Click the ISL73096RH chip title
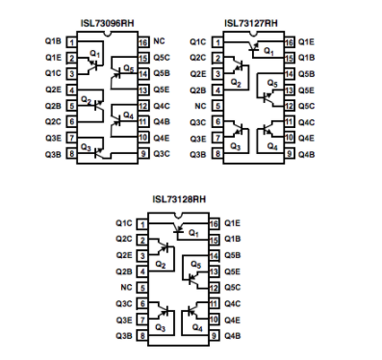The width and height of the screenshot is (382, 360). pos(107,23)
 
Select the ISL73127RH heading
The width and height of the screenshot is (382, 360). pos(251,23)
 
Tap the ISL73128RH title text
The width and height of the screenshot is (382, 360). pos(179,199)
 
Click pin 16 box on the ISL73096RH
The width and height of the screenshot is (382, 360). pos(143,42)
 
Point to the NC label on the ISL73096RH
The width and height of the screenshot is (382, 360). pos(159,41)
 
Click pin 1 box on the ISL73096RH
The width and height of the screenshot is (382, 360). pos(72,42)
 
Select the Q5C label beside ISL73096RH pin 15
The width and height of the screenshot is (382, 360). pos(162,58)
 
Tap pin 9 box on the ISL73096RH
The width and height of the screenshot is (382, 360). pos(143,154)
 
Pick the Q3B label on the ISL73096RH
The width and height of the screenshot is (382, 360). pos(53,154)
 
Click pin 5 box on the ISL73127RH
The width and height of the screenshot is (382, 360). pos(217,106)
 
